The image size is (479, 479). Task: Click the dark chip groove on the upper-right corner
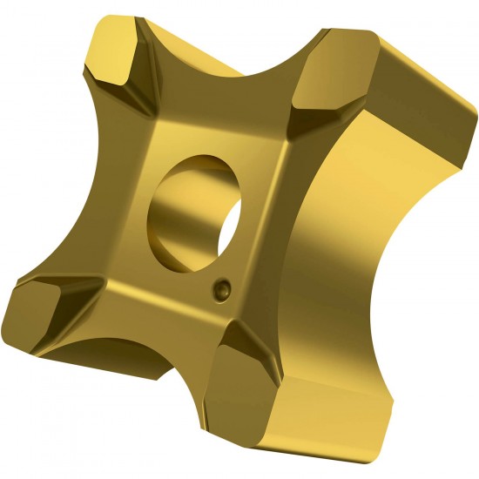(300, 109)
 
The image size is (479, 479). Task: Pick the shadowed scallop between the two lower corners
(131, 348)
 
